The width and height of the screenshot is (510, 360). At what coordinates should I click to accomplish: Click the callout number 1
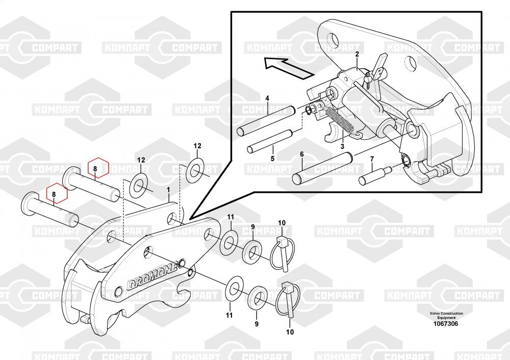168,190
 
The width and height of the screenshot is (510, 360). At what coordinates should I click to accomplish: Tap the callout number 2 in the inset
357,55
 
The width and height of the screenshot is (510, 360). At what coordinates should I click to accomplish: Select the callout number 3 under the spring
342,147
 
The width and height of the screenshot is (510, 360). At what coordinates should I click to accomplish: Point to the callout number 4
267,98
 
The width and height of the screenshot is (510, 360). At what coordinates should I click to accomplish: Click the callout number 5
272,159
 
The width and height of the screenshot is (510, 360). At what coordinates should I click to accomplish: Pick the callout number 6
302,154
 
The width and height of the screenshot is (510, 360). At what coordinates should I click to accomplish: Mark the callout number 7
372,159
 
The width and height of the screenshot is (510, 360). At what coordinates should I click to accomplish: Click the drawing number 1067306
446,324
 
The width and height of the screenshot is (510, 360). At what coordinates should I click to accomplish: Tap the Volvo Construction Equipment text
446,316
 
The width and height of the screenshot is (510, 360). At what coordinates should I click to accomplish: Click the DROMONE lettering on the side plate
152,276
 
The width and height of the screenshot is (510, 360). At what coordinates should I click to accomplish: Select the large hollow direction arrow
289,68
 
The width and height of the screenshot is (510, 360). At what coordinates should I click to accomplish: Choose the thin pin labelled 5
270,141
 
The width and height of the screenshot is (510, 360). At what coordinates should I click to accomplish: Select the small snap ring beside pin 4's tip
309,110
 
